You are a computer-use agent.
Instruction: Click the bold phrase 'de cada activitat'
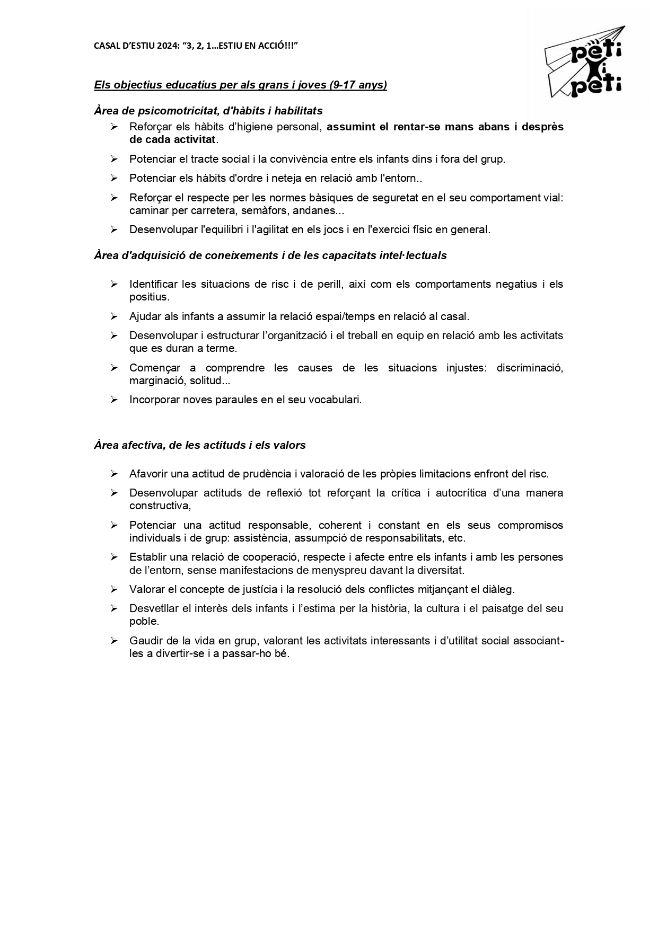point(173,140)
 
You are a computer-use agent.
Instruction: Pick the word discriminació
point(529,368)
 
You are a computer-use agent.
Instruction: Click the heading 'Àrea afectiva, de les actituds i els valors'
point(200,445)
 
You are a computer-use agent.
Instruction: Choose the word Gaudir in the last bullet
point(145,641)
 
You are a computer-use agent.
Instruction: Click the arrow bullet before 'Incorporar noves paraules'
point(114,400)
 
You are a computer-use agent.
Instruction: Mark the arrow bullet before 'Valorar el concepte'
point(114,589)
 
